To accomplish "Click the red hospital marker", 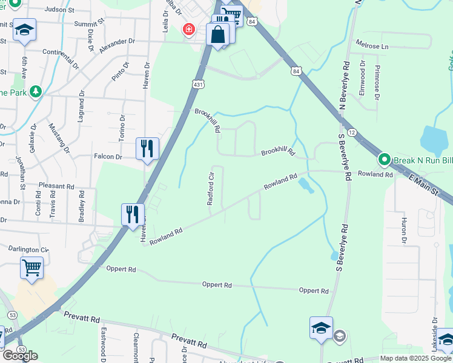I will pos(190,29).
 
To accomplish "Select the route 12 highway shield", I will pos(352,132).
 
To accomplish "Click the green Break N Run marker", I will pos(384,160).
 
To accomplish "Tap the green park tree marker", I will pos(36,92).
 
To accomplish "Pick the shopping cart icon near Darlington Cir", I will pos(31,267).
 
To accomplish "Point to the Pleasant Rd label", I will pos(56,186).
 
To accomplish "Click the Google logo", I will pos(20,356).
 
